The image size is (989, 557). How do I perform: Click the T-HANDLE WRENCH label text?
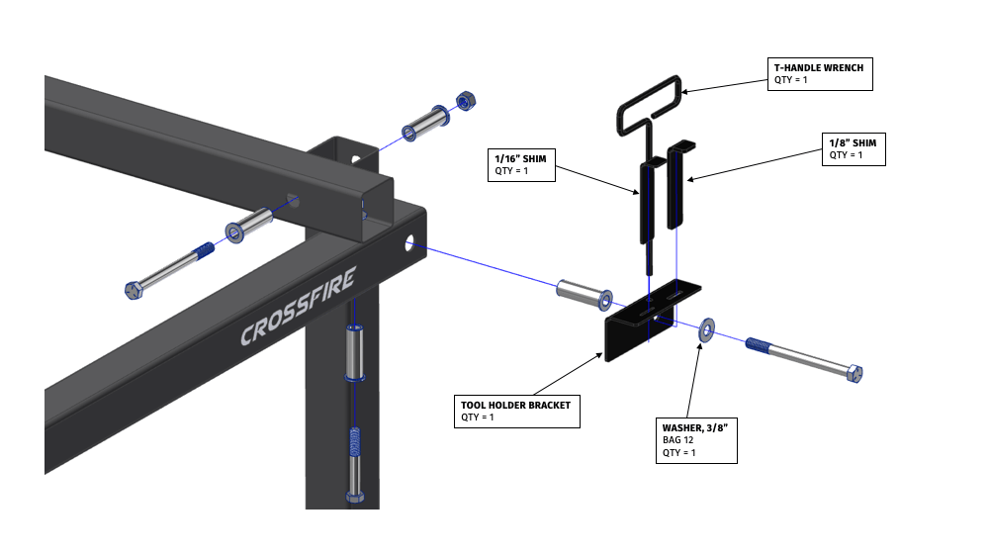[818, 67]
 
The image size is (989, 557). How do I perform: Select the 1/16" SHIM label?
[520, 157]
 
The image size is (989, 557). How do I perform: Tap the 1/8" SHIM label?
[853, 142]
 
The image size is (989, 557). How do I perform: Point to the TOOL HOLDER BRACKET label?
[514, 405]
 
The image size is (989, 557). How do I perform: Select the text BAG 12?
[677, 439]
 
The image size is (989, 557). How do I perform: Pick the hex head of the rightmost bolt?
[855, 373]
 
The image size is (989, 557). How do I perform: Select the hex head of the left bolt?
[135, 290]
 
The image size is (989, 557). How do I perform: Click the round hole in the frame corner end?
[409, 241]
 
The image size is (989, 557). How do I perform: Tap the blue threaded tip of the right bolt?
[759, 345]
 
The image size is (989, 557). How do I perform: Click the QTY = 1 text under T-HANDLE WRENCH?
[791, 80]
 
